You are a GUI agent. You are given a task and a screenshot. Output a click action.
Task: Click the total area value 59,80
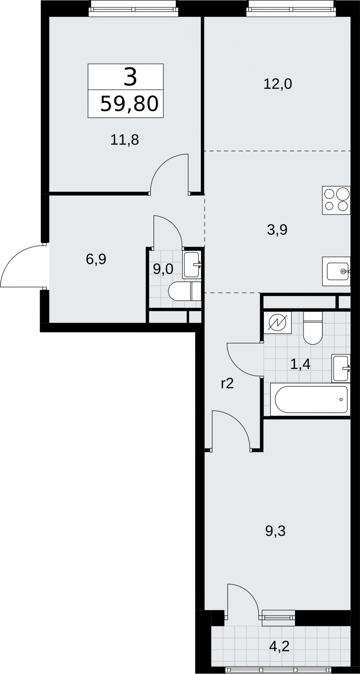[x=129, y=104]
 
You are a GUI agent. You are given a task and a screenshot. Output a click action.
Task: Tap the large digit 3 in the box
[x=130, y=77]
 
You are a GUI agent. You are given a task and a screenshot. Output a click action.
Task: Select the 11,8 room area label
[x=125, y=140]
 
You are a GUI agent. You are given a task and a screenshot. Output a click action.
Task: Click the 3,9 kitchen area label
[x=277, y=230]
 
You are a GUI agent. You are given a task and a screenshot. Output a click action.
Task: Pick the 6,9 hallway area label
[x=96, y=259]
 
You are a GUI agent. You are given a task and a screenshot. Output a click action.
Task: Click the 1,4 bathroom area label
[x=300, y=364]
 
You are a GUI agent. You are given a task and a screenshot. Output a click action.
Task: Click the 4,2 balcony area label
[x=279, y=646]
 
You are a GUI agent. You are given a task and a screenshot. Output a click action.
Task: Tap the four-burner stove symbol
[x=336, y=201]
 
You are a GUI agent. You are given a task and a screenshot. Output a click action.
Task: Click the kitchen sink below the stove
[x=336, y=271]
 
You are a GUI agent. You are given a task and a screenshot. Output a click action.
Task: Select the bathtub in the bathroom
[x=310, y=400]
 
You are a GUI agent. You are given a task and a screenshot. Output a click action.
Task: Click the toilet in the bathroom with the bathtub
[x=313, y=328]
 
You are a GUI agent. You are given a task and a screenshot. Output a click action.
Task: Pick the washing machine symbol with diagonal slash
[x=277, y=322]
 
